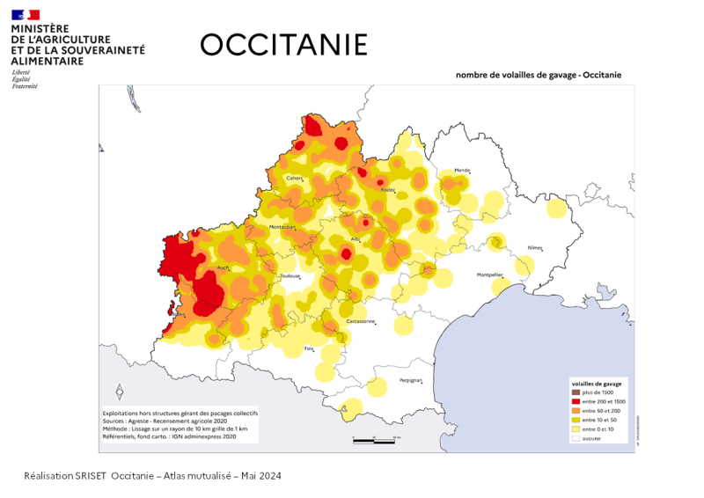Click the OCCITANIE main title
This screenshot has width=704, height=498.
click(283, 45)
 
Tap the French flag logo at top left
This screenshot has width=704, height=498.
click(26, 15)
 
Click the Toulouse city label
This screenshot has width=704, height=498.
click(290, 276)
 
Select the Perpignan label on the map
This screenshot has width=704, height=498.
click(411, 381)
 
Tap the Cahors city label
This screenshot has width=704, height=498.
click(294, 179)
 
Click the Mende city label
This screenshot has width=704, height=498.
click(462, 170)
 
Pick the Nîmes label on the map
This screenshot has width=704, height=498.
click(535, 248)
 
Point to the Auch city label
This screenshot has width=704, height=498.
click(224, 267)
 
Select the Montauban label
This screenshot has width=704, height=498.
click(282, 227)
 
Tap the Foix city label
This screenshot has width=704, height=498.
click(309, 349)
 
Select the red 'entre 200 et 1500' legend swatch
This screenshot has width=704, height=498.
click(576, 402)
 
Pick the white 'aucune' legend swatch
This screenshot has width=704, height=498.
click(576, 437)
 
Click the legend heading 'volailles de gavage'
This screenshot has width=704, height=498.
click(597, 384)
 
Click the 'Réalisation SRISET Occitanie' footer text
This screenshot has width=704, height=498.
click(153, 476)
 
